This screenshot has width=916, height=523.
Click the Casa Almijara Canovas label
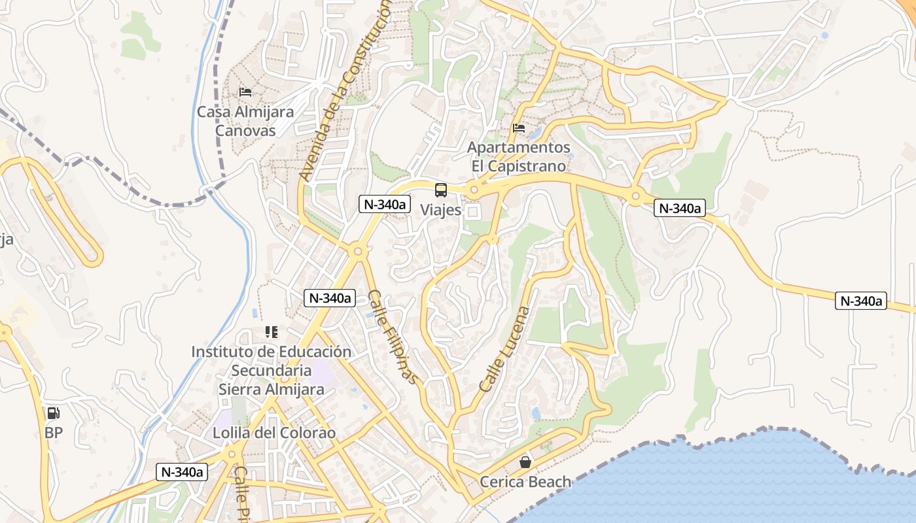click(x=245, y=121)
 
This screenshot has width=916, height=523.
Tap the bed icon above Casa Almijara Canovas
click(x=245, y=92)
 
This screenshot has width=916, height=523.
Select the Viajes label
click(x=440, y=210)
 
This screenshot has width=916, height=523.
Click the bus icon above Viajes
click(x=441, y=190)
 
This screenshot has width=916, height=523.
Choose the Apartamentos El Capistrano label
click(x=519, y=157)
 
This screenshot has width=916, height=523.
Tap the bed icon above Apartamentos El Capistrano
click(x=519, y=127)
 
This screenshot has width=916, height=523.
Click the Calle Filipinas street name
click(x=392, y=336)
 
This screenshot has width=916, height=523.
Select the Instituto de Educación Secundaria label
click(x=271, y=361)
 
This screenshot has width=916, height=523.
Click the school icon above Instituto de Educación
click(x=271, y=332)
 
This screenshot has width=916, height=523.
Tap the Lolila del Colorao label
click(x=274, y=433)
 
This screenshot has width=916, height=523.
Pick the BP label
click(x=54, y=432)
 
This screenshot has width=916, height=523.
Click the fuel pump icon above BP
click(x=54, y=413)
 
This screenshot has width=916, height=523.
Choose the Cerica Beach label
click(x=525, y=482)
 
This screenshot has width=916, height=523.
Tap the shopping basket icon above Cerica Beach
click(x=525, y=462)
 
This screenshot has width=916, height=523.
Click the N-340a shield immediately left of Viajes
click(x=385, y=204)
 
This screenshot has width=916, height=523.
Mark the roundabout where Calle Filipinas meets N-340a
click(x=357, y=250)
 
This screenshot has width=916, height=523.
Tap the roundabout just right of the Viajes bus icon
click(x=474, y=190)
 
